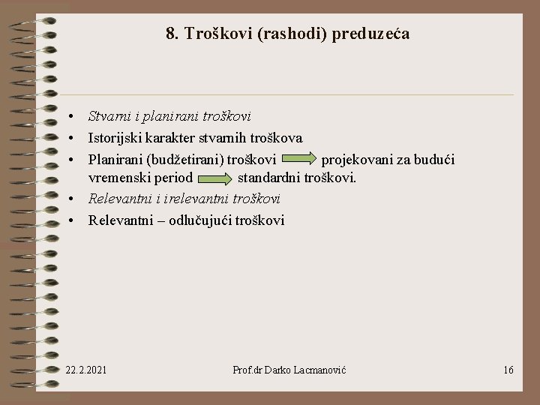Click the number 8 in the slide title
170,34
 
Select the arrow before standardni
215,178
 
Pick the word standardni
268,178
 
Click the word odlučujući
198,220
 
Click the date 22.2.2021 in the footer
86,370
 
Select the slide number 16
508,370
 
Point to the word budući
436,160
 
